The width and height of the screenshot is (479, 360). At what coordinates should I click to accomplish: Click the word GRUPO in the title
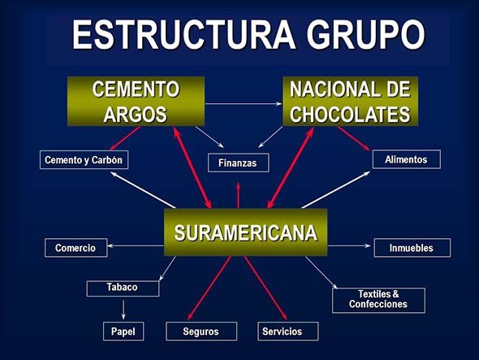point(365,34)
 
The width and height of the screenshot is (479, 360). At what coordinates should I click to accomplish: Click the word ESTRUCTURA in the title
point(184,34)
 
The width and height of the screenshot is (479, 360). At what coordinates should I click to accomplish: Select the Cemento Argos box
point(136,102)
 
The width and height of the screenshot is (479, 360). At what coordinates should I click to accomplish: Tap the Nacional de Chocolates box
point(350,102)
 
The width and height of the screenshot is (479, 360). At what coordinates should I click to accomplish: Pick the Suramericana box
point(246,232)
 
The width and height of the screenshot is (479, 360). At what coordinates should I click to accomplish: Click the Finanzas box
point(238,163)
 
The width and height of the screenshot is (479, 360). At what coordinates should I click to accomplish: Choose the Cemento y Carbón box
point(84,159)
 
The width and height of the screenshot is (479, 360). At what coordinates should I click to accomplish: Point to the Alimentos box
point(406,159)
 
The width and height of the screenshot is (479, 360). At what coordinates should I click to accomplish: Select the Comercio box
point(76,248)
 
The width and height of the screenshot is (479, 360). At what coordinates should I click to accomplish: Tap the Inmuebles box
point(412,248)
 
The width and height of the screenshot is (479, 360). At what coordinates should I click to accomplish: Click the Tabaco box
point(123,288)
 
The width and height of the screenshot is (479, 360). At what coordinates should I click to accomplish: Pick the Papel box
point(123,332)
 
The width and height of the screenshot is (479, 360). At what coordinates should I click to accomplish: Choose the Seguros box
point(201,332)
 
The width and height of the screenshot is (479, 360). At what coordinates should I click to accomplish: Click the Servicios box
point(288,332)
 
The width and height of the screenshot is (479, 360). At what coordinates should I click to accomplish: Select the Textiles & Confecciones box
point(378,301)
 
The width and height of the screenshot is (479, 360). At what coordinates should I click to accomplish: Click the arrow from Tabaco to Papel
point(123,310)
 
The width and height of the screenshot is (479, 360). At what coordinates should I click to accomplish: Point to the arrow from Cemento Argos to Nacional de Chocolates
point(244,104)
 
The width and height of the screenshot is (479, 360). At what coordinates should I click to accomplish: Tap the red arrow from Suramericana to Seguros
point(209,288)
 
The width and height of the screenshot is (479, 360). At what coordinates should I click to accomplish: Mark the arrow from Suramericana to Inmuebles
point(349,245)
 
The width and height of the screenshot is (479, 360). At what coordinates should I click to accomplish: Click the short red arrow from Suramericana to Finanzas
point(238,196)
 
